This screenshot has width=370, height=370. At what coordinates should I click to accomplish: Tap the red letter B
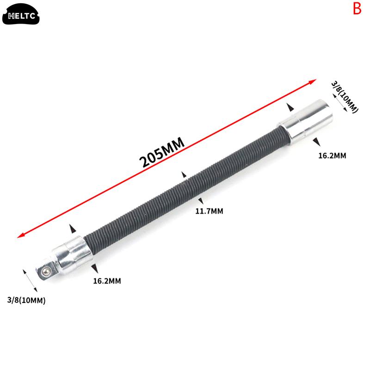(357, 9)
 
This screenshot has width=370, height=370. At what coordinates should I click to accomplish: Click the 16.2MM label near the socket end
(332, 155)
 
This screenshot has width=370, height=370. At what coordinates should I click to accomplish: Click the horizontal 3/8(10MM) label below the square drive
(26, 301)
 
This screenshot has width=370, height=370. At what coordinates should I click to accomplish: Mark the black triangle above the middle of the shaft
(184, 175)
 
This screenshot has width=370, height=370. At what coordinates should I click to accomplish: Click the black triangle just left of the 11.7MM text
(199, 200)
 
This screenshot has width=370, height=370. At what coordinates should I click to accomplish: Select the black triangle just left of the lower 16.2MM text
(94, 268)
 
